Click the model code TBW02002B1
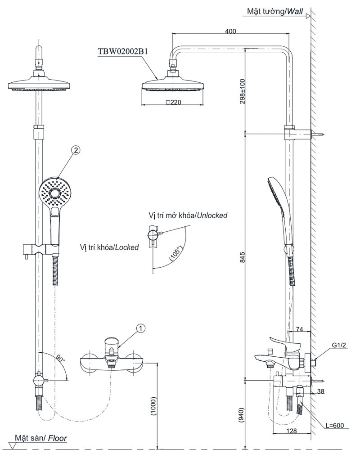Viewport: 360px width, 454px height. pyautogui.click(x=123, y=51)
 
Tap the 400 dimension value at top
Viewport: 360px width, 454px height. pyautogui.click(x=231, y=31)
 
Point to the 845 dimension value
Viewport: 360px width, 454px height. pyautogui.click(x=242, y=256)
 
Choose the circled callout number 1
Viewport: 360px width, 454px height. pyautogui.click(x=141, y=329)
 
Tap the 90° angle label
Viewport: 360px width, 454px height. pyautogui.click(x=60, y=359)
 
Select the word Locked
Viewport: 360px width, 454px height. pyautogui.click(x=126, y=247)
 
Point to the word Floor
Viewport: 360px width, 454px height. pyautogui.click(x=58, y=438)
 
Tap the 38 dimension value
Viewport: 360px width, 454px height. pyautogui.click(x=320, y=391)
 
